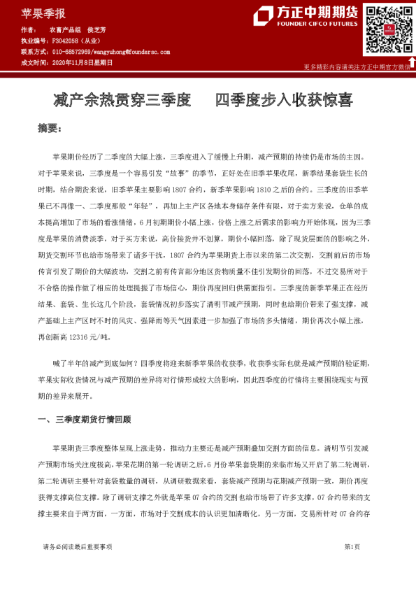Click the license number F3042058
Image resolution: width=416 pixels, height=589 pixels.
(66, 41)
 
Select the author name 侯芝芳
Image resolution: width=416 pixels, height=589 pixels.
(96, 31)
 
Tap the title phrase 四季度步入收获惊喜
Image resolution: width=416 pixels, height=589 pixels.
(283, 100)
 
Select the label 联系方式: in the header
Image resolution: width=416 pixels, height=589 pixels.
(34, 52)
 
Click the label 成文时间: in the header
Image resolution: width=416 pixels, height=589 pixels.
(34, 62)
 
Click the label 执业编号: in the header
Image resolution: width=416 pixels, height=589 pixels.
(34, 41)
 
